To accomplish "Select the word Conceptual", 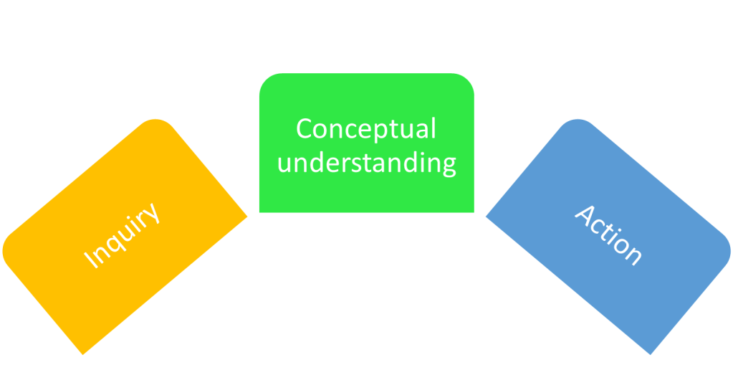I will [x=366, y=130].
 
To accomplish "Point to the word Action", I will [x=608, y=234].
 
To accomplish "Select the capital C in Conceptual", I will [x=305, y=130].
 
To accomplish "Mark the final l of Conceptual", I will [x=433, y=128].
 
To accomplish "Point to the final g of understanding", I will [x=448, y=166].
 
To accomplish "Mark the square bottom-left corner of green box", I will [x=258, y=213].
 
